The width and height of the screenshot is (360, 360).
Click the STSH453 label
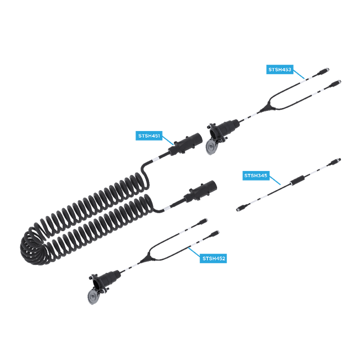tap(280, 70)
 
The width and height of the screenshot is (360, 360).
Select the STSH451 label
tap(149, 136)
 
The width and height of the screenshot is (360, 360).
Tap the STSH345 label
tap(256, 175)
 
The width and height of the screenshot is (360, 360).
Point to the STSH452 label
tap(213, 259)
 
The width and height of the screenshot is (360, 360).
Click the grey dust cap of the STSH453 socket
tap(210, 147)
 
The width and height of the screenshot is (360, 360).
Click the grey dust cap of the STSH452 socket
tap(93, 297)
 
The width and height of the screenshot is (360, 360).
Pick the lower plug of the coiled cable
tap(200, 191)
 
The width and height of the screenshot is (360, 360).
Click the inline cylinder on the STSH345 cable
tap(298, 180)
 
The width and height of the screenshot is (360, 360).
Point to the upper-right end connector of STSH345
tap(335, 162)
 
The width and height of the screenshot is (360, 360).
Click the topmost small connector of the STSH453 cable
tap(323, 71)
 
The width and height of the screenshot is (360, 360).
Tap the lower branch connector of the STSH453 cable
tap(335, 84)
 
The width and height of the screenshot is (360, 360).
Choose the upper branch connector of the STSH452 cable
tap(202, 222)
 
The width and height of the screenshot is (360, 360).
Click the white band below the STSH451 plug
tap(155, 159)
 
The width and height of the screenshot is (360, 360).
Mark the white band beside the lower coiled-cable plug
tap(166, 208)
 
